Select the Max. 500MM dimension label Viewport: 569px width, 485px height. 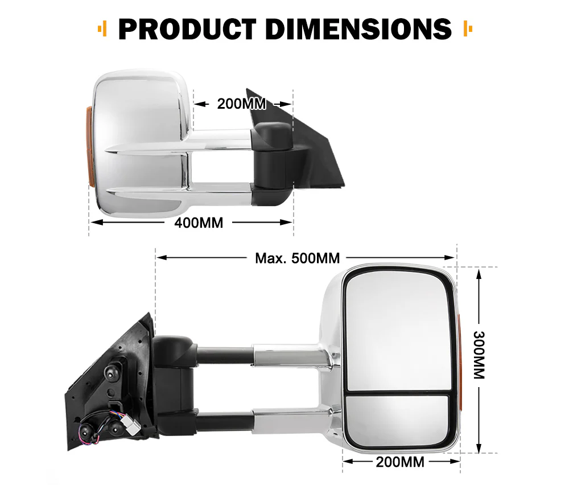(297, 258)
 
